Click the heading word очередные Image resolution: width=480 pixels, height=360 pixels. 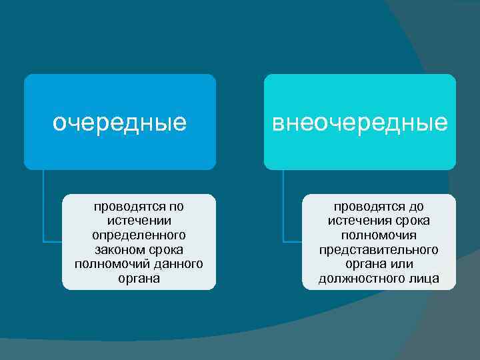119,123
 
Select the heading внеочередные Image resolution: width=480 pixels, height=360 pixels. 360,123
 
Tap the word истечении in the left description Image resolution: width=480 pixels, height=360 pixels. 139,221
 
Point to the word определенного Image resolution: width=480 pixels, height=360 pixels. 139,235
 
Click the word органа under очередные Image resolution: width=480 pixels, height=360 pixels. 139,279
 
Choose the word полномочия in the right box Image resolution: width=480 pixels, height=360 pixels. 379,235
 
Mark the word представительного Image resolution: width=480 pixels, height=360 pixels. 379,249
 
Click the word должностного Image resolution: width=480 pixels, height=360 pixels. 359,279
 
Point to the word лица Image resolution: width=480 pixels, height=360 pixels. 425,279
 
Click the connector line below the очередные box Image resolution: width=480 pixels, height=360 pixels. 43,207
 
